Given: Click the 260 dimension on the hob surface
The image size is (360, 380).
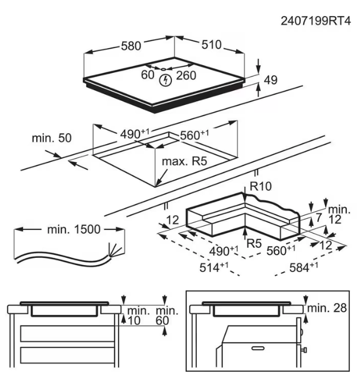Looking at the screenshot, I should point(186,75).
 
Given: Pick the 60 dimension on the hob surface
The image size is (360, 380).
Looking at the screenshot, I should point(147,75).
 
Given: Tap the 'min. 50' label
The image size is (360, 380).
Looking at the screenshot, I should point(52,138).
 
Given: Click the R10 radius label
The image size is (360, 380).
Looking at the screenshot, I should point(260,187).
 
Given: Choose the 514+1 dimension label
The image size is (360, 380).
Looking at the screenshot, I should point(213,267).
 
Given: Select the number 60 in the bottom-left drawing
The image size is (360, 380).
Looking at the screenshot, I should point(163,321).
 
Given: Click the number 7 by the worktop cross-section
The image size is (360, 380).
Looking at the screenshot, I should point(319,218).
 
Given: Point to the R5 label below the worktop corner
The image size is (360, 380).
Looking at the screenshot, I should point(254,242).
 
